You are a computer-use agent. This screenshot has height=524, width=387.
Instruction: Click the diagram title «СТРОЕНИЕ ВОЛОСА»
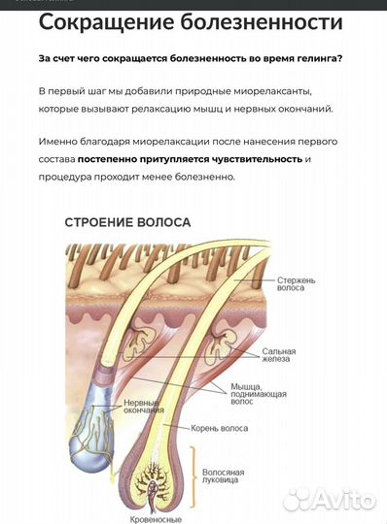click(126, 222)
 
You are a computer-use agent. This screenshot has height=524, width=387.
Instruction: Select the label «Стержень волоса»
click(297, 283)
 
